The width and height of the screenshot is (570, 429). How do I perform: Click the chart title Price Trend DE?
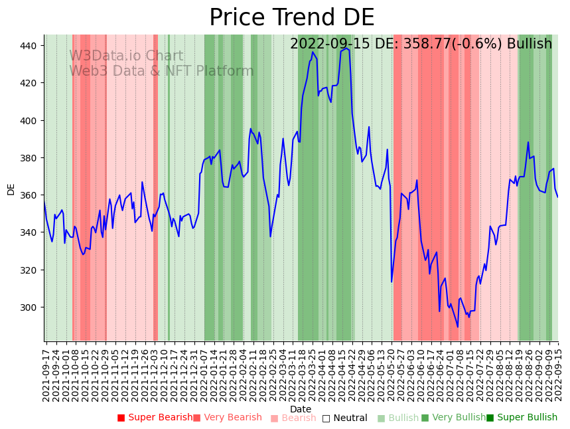(291, 18)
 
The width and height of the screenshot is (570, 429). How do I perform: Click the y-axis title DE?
(11, 189)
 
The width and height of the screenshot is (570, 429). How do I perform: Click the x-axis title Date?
(301, 409)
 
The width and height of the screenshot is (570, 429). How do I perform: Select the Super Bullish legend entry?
(522, 418)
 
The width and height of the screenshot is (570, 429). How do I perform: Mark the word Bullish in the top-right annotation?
(529, 44)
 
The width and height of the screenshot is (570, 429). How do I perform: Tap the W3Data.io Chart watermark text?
(126, 56)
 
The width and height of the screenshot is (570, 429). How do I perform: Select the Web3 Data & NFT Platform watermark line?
(161, 71)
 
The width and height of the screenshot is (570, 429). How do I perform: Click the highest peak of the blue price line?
(346, 48)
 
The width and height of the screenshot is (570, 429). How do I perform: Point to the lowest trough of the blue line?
(457, 327)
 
